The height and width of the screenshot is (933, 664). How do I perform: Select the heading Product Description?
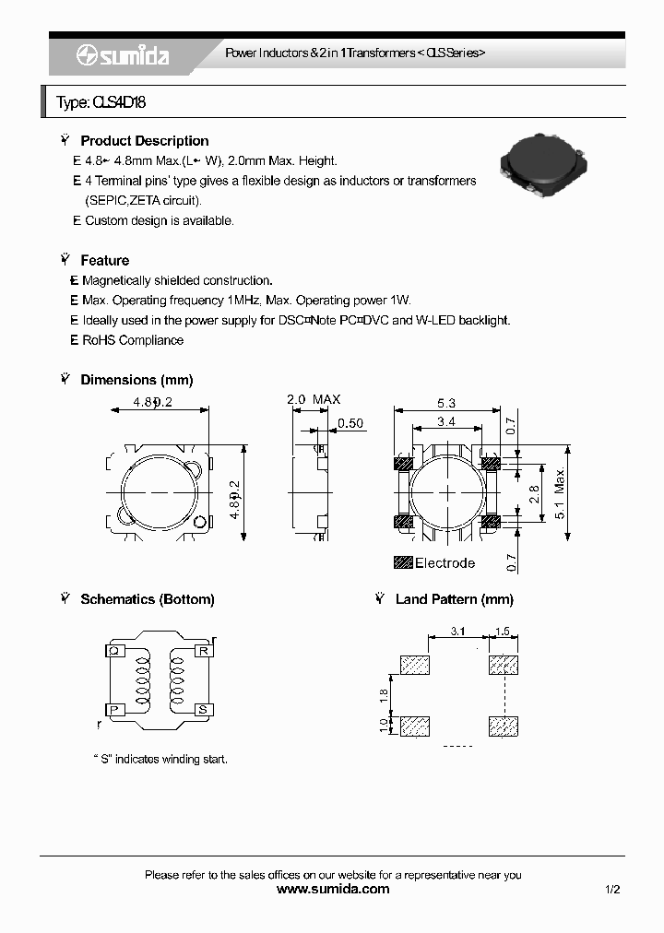tap(144, 141)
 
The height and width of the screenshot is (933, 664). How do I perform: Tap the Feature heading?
tap(104, 261)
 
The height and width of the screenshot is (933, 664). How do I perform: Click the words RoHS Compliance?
tap(133, 340)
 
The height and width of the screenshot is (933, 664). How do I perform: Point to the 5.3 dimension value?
tap(446, 403)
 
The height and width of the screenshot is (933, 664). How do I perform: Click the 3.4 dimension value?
tap(446, 423)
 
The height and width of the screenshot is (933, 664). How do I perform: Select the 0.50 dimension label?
tap(351, 423)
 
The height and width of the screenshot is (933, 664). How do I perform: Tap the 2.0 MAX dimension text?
tap(314, 399)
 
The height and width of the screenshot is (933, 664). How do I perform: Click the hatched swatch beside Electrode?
tap(402, 562)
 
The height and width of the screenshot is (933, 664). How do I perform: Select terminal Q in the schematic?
tap(113, 651)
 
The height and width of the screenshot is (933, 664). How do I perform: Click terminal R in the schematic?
tap(203, 651)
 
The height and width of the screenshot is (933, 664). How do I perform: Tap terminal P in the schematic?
tap(113, 709)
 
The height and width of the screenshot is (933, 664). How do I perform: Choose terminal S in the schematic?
tap(203, 709)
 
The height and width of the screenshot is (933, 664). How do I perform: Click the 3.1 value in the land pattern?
tap(457, 632)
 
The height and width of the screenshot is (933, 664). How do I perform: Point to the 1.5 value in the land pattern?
tap(504, 632)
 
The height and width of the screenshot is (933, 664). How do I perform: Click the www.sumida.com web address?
tap(333, 890)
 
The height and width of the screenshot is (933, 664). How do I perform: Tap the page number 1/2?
tap(612, 890)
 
